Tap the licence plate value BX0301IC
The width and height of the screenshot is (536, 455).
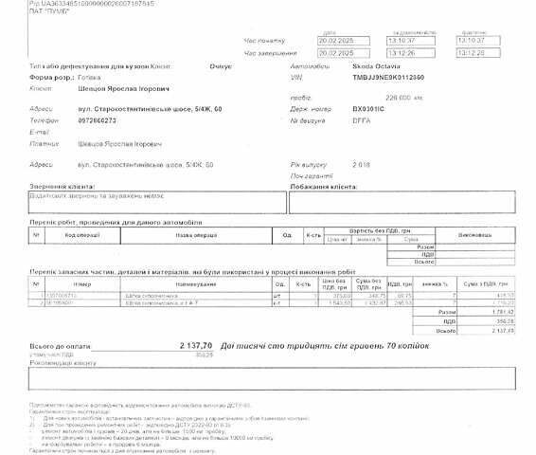pos(342,110)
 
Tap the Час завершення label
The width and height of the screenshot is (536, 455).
pos(264,52)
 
